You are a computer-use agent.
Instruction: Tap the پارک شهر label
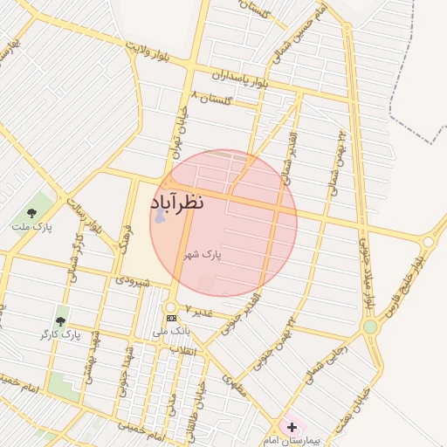(203, 256)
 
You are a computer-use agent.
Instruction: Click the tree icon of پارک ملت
(32, 212)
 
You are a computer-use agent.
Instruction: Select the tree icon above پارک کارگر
(60, 322)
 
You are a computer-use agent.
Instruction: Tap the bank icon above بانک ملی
(171, 318)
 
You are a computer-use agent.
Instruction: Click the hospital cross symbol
(291, 427)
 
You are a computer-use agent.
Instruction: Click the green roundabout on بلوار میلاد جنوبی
(370, 327)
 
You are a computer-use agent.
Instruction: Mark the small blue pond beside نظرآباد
(159, 214)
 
